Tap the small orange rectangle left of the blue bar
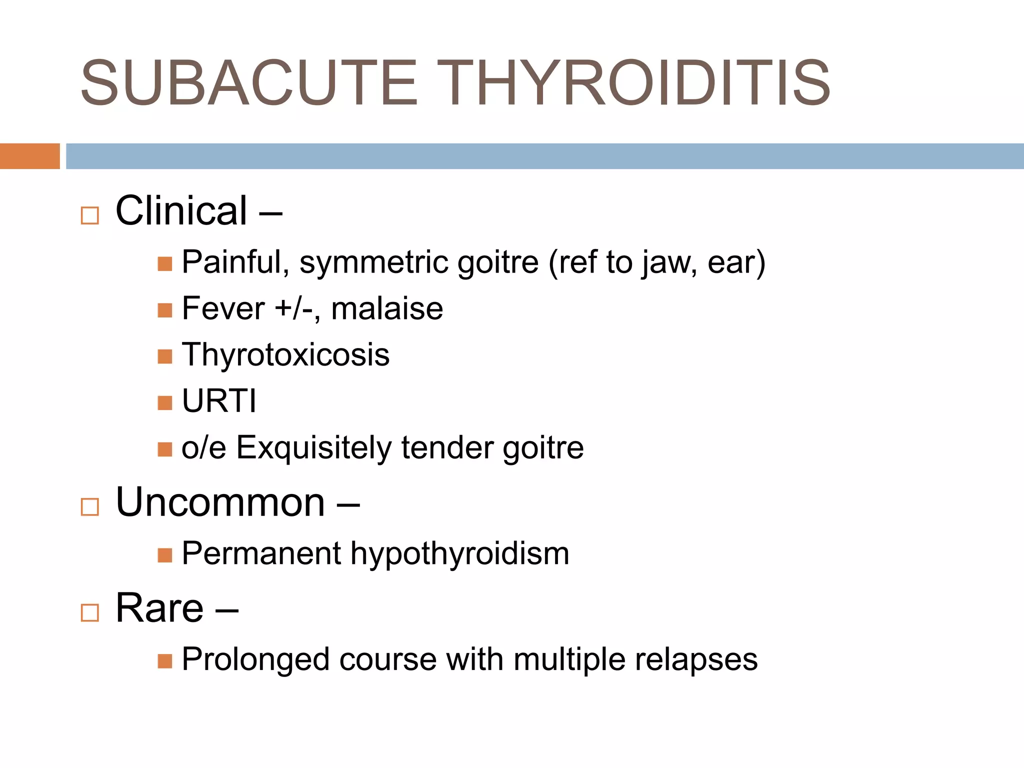point(29,156)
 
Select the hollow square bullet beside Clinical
point(90,215)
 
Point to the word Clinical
point(181,211)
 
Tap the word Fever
point(223,308)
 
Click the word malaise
point(387,308)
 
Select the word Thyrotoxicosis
point(285,355)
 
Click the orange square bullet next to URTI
point(164,402)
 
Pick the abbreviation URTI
point(219,401)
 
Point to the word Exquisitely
point(313,447)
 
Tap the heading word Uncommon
point(220,502)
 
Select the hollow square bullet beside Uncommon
point(90,507)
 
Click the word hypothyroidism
point(459,554)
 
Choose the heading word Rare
point(159,608)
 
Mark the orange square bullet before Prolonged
point(164,661)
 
